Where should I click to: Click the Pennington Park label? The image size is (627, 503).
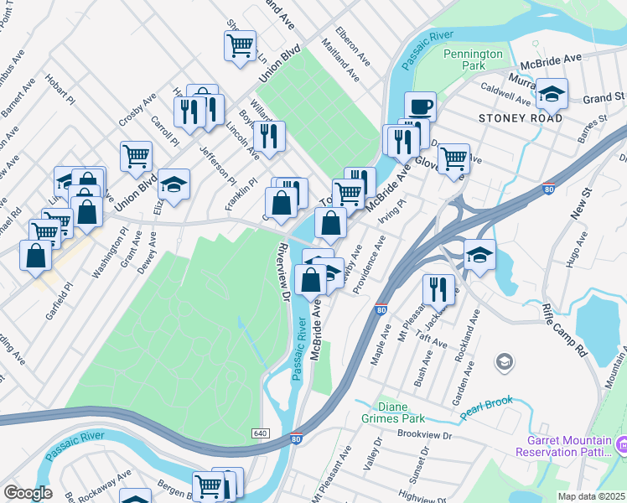[474, 59]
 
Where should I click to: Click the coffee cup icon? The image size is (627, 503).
[420, 106]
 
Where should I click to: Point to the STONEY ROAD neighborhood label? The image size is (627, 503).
[521, 118]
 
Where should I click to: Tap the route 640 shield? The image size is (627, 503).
[260, 433]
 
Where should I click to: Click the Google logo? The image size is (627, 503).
[28, 492]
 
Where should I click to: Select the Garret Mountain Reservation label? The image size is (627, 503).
[568, 447]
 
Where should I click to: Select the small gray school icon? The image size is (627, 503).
[504, 361]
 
